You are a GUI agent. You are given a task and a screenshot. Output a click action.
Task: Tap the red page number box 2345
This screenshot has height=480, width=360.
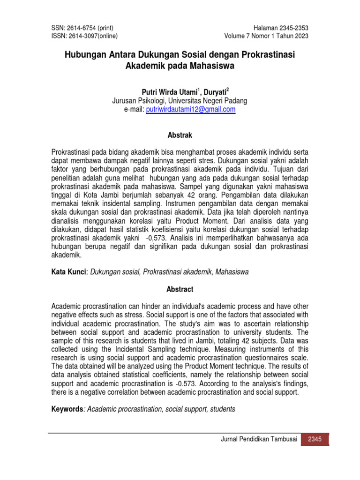tap(315, 439)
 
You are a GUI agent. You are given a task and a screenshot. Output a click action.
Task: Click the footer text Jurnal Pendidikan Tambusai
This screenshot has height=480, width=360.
tap(260, 439)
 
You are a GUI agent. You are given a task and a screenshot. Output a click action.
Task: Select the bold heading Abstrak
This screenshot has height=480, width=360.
tap(180, 135)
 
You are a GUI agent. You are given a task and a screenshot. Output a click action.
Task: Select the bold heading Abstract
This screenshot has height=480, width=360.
tap(180, 289)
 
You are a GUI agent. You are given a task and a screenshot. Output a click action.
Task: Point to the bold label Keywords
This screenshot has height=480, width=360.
tap(67, 409)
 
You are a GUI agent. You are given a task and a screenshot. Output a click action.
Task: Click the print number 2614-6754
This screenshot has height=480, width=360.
tap(80, 28)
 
